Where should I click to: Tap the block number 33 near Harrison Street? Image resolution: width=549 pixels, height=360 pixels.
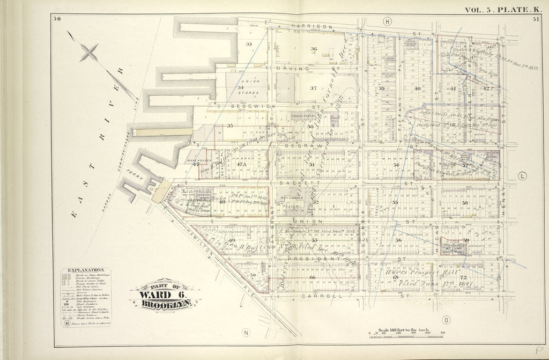[248, 43]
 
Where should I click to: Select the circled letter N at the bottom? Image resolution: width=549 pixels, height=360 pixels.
[246, 317]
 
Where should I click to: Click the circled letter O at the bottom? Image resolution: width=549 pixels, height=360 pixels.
[446, 320]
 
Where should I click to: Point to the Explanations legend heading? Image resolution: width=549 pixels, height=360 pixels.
[85, 270]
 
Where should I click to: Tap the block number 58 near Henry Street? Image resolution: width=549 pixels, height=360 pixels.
[465, 203]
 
